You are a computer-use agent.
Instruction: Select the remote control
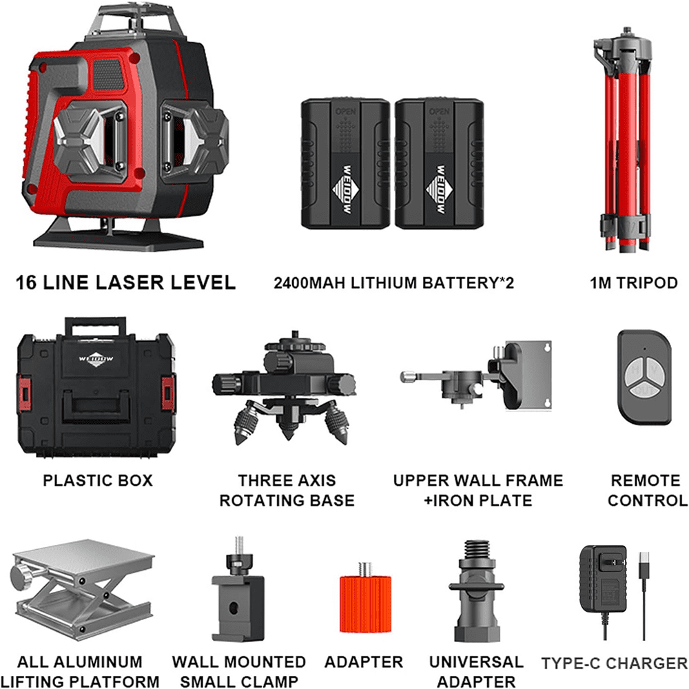(x=643, y=376)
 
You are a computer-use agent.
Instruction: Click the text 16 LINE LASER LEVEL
(x=126, y=282)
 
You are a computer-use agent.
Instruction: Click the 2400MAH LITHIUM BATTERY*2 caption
(x=394, y=282)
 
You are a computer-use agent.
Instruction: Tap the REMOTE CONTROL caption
(x=646, y=490)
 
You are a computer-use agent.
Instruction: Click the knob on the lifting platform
(x=19, y=573)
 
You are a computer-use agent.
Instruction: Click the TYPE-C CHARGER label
(x=614, y=664)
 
